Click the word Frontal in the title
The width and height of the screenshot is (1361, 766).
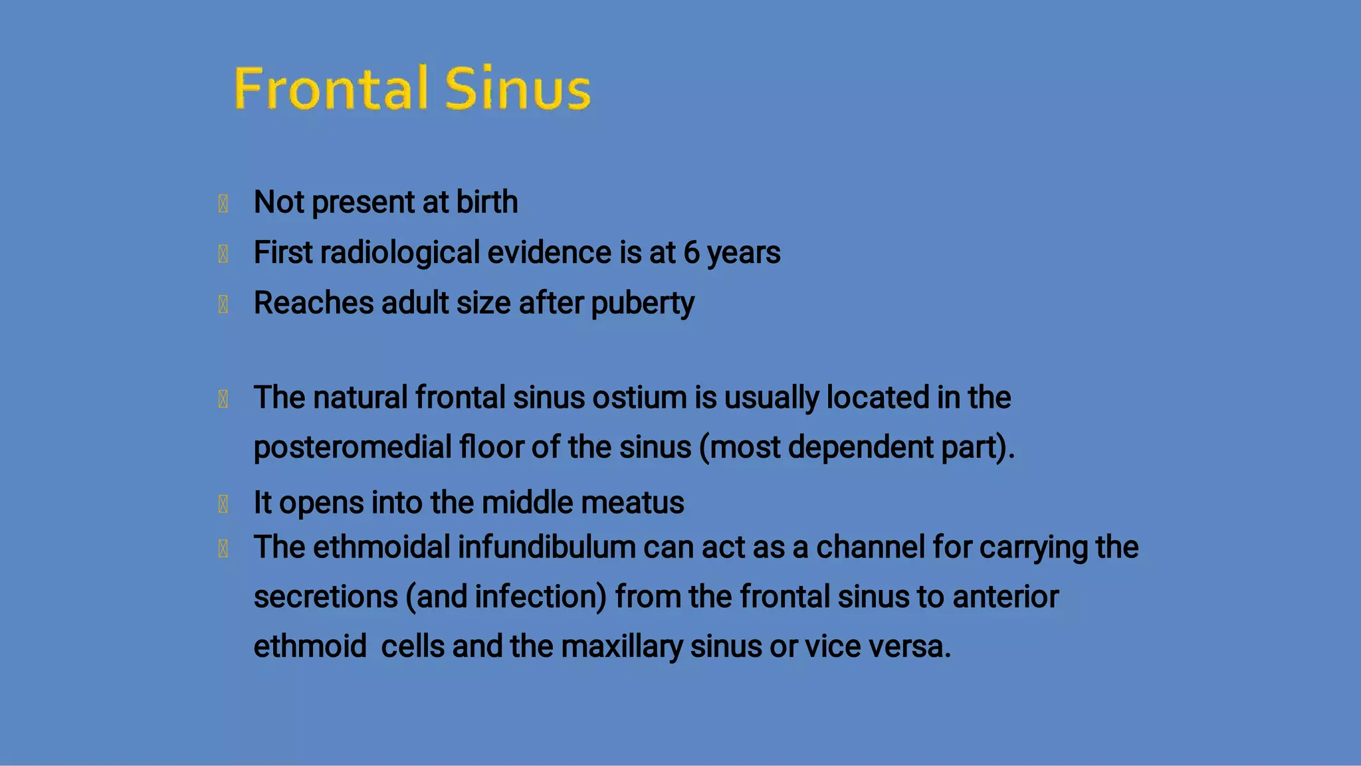(x=330, y=88)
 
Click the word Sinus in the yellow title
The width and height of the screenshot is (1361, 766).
(x=517, y=88)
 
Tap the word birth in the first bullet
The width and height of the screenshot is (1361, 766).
(x=486, y=202)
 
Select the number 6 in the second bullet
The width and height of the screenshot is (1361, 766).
(x=691, y=253)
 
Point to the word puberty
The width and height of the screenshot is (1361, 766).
(x=642, y=304)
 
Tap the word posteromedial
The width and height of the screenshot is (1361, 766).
(x=352, y=447)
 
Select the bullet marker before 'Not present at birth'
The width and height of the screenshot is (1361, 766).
(x=223, y=203)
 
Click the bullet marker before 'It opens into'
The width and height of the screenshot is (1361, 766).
(x=223, y=504)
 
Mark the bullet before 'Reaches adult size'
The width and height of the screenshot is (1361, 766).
(x=223, y=305)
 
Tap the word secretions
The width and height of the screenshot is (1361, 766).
(x=326, y=597)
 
